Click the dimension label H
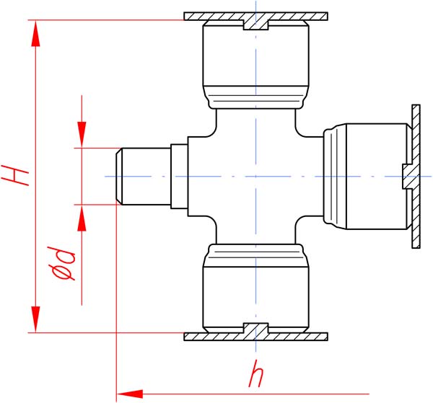[x=14, y=175]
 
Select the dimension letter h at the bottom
[x=256, y=373]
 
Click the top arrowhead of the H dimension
[x=35, y=34]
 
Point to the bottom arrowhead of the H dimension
[x=35, y=319]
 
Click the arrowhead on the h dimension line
[x=130, y=394]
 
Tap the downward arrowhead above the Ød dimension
[x=82, y=135]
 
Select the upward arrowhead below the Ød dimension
[x=82, y=218]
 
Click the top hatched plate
[x=255, y=17]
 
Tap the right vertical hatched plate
[x=416, y=176]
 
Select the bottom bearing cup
[x=255, y=288]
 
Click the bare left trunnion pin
[x=143, y=176]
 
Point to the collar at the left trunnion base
[x=179, y=176]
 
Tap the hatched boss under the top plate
[x=255, y=25]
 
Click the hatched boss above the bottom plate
[x=255, y=328]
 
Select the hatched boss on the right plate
[x=407, y=176]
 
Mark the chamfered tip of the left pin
[x=119, y=176]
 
